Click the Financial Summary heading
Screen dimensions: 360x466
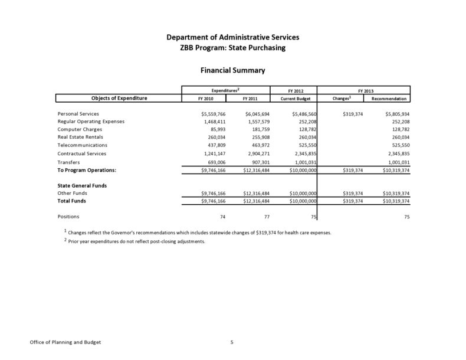[x=232, y=70]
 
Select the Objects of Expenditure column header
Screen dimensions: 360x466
[x=119, y=98]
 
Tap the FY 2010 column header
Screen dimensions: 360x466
[x=205, y=99]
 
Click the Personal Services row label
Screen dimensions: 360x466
[x=78, y=113]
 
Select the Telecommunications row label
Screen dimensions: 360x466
[x=82, y=145]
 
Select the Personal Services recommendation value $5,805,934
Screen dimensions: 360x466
[x=393, y=113]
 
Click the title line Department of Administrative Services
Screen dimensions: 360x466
[x=232, y=38]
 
